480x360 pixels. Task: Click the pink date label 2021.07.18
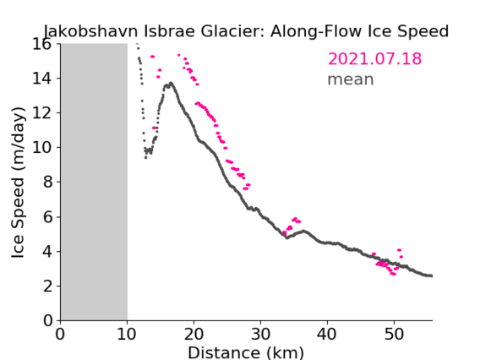[x=374, y=59]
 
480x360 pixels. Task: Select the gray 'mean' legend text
[x=351, y=79]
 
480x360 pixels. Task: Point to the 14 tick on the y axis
[x=42, y=79]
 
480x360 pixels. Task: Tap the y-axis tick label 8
[x=48, y=183]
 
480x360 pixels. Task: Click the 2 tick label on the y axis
[x=48, y=286]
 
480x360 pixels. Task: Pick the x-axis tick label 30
[x=260, y=334]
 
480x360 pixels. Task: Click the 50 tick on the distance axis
[x=394, y=334]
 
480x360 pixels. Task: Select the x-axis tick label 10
[x=127, y=334]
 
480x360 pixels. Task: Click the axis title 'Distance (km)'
[x=246, y=353]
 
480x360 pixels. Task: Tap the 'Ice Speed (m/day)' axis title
[x=18, y=183]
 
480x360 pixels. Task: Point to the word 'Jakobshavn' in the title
[x=91, y=31]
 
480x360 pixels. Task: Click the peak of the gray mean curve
[x=171, y=83]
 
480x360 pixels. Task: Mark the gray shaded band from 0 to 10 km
[x=94, y=183]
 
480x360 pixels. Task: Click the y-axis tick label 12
[x=42, y=113]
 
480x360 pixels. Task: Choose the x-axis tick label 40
[x=327, y=334]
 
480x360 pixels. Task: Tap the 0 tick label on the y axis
[x=48, y=321]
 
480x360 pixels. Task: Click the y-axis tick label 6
[x=48, y=216]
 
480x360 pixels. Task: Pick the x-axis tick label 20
[x=194, y=334]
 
